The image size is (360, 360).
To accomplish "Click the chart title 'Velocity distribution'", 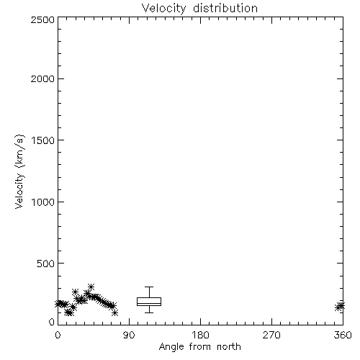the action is (x=199, y=9).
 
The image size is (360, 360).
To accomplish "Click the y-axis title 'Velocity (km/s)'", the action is (x=19, y=172).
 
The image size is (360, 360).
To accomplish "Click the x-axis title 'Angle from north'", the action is (x=199, y=347).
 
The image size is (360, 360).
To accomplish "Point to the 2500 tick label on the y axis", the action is (x=42, y=19).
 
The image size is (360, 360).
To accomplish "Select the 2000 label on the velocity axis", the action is (x=42, y=78).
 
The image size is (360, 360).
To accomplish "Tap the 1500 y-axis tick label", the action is (x=43, y=140).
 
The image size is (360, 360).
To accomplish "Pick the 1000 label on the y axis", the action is (x=43, y=202).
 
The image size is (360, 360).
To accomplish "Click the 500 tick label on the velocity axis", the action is (x=46, y=264).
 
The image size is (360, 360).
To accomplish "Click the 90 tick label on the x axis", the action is (x=129, y=335).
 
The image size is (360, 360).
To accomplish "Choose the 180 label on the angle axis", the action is (x=200, y=335).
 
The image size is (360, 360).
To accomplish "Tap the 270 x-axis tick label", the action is (x=271, y=335).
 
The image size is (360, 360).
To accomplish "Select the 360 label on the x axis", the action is (x=343, y=335).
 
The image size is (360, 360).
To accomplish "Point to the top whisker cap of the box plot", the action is (x=149, y=287).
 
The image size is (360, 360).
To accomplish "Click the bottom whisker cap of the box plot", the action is (x=149, y=312).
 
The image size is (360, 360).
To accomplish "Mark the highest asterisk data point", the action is (x=91, y=287).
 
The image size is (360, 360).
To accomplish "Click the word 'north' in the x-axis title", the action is (x=229, y=347).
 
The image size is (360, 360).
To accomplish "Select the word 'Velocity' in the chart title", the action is (x=163, y=9).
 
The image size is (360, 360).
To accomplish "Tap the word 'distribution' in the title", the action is (x=225, y=9).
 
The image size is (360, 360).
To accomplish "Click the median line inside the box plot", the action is (x=149, y=303).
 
